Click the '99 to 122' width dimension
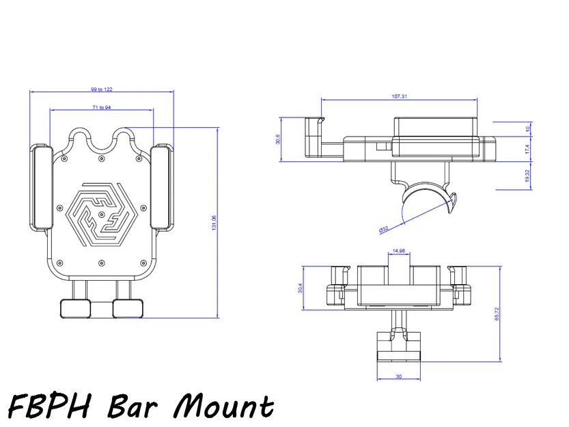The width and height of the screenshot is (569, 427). (x=101, y=89)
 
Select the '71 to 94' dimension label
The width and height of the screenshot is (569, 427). (x=101, y=107)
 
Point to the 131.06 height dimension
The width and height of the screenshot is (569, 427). (x=214, y=223)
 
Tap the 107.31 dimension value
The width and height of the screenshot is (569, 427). (x=400, y=97)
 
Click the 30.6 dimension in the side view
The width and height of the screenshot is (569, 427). (x=278, y=139)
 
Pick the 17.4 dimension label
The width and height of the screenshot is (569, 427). (x=527, y=148)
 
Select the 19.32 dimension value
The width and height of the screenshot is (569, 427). (x=527, y=176)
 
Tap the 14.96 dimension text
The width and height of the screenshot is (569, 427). (x=399, y=251)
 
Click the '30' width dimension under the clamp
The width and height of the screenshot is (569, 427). (x=399, y=376)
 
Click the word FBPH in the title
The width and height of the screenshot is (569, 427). (x=51, y=406)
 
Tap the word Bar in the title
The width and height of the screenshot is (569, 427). (x=135, y=406)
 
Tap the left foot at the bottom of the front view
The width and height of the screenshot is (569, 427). (x=75, y=308)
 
